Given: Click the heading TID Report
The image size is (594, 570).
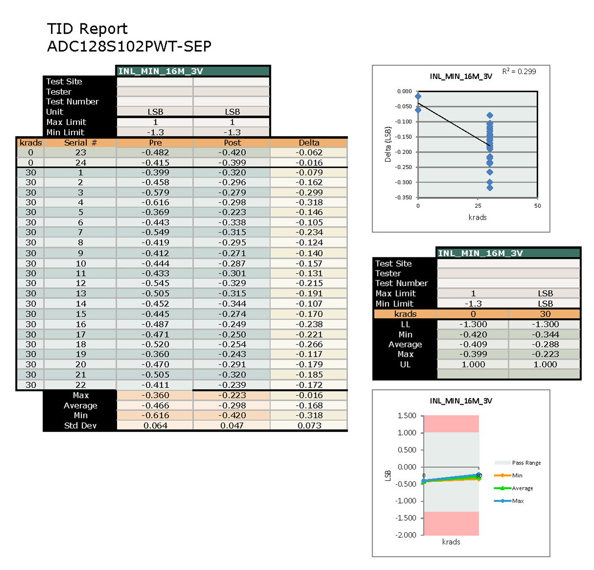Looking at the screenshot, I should (87, 29).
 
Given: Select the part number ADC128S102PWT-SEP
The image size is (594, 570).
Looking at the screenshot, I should (129, 47).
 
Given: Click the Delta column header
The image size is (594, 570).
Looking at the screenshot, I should (309, 143).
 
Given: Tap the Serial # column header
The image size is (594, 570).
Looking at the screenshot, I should (80, 143).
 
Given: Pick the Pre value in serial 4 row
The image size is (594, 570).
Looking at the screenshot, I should (155, 202).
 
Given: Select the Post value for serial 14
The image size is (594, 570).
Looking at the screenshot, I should (232, 304).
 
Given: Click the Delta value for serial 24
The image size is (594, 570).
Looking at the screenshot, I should (309, 163).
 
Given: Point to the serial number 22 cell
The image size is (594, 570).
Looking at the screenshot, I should (80, 385).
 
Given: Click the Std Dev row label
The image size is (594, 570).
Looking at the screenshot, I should (80, 425).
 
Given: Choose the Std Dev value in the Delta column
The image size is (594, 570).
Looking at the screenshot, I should (309, 425).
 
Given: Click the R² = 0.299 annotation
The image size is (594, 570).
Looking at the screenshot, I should (519, 72).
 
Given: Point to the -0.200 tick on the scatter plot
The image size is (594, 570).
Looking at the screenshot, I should (404, 152).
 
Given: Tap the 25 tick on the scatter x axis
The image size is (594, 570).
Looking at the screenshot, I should (477, 206).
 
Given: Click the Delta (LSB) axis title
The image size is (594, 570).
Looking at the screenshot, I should (388, 145).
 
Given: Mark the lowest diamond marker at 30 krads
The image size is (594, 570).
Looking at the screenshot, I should (490, 188).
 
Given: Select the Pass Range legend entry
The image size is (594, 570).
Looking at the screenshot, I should (526, 463).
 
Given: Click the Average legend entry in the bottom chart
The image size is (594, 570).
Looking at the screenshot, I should (522, 488).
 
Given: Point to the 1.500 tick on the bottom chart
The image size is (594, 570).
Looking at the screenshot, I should (406, 416).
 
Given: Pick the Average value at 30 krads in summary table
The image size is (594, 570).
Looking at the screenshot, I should (545, 345).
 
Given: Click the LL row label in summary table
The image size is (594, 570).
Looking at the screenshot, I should (405, 324).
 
